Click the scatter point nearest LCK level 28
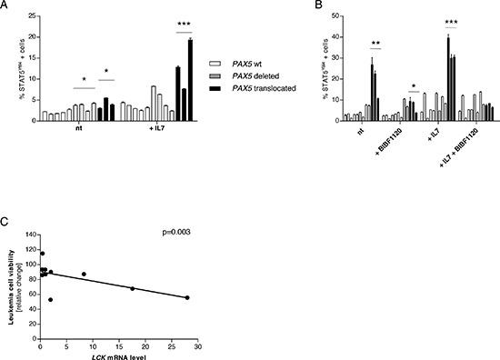[x=187, y=297]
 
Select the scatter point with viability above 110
[x=42, y=254]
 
